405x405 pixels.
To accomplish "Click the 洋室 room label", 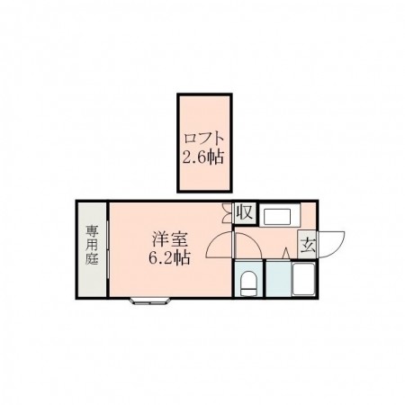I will (168, 240).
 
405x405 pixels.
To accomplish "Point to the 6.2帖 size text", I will (168, 258).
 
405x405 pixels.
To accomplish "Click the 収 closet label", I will (244, 212).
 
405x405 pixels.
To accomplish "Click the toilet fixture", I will (249, 283).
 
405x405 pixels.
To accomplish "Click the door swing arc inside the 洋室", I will (218, 247).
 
